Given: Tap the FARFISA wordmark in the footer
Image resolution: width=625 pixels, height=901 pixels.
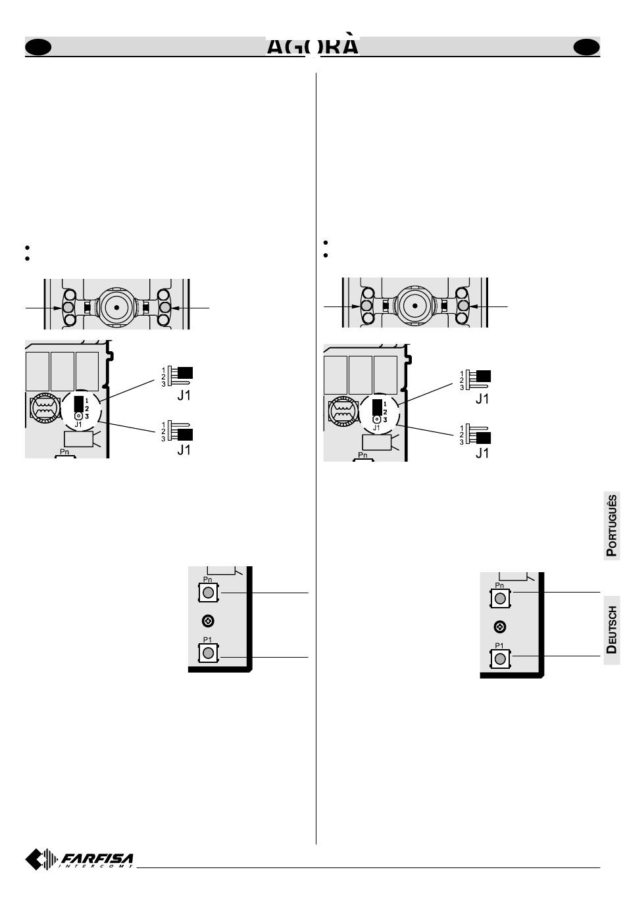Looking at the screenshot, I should coord(97,858).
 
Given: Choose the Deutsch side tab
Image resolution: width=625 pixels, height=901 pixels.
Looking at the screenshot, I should coord(612,629).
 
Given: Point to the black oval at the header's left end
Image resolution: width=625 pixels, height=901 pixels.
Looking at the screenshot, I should coord(38,47).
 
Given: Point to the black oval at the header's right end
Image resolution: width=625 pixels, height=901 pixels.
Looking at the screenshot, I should coord(586,47).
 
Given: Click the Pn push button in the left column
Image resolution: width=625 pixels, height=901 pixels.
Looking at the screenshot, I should coord(208,593).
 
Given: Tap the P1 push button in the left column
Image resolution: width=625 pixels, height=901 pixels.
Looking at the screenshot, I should coord(208,652).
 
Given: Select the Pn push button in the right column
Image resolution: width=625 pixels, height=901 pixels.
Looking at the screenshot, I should coord(500,598).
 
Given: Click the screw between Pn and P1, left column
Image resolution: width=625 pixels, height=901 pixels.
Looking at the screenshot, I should coord(208,620).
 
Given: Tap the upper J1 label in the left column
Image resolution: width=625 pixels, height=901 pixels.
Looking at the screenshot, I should coord(184,396).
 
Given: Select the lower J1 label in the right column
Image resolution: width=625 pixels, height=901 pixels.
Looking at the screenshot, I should coord(482,453).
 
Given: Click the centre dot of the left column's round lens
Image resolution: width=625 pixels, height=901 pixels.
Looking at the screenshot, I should coord(116,307).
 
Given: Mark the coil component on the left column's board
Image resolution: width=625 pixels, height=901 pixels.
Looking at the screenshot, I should coord(44,408).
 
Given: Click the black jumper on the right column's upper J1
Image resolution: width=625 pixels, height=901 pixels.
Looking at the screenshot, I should coord(484,376).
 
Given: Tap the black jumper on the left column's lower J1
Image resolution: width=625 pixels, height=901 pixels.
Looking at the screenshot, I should coord(185,435).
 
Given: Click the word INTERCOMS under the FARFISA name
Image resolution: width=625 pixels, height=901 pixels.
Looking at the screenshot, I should coord(97,866).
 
